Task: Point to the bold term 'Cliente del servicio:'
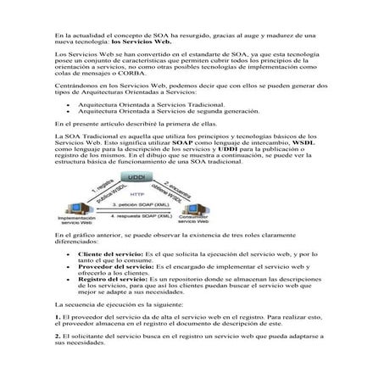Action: coord(111,253)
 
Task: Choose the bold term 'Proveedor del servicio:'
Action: coord(114,266)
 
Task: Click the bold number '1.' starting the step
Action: coord(57,315)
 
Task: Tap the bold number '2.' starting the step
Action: coord(57,336)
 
